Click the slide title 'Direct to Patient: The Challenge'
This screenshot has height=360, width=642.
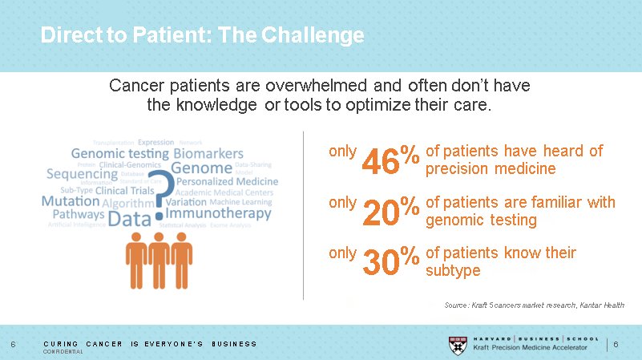(202, 36)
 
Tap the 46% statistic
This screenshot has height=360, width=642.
(391, 160)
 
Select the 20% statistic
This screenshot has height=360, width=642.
(391, 212)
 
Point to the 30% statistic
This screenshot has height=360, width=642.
(391, 262)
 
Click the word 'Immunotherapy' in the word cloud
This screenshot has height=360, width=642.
(218, 214)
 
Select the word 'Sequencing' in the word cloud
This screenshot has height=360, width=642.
(83, 174)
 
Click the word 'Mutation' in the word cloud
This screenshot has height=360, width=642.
(71, 202)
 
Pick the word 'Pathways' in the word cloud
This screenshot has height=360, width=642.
(79, 215)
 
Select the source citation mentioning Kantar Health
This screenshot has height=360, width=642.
(534, 305)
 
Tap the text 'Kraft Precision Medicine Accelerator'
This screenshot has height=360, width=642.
(531, 347)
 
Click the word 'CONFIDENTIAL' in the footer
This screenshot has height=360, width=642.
(63, 352)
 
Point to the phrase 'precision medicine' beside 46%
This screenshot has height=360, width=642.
(490, 169)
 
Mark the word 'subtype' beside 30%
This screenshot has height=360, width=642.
(453, 271)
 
